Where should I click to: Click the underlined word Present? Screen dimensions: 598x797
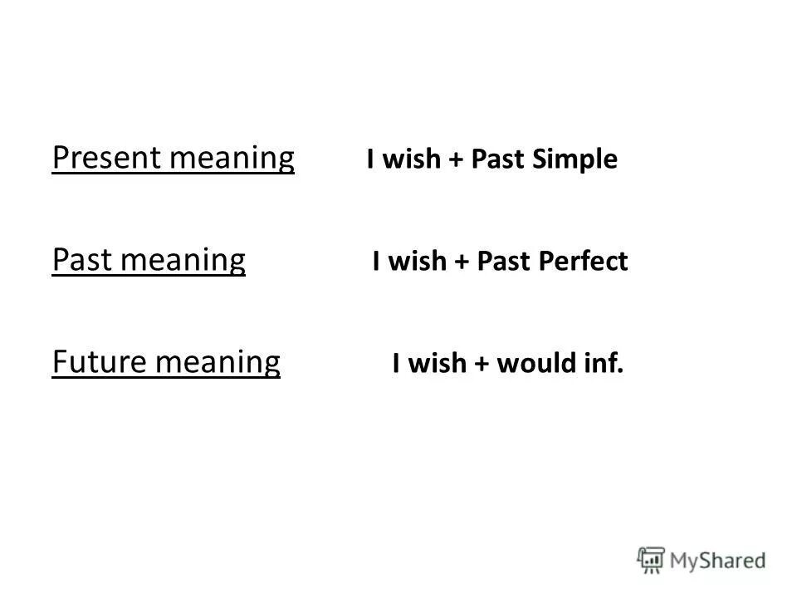(x=93, y=158)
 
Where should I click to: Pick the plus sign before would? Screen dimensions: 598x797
(x=481, y=365)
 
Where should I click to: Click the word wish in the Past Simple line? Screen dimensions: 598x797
(x=412, y=160)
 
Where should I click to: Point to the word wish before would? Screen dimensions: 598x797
(x=438, y=364)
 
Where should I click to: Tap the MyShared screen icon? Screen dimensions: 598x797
(x=652, y=558)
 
